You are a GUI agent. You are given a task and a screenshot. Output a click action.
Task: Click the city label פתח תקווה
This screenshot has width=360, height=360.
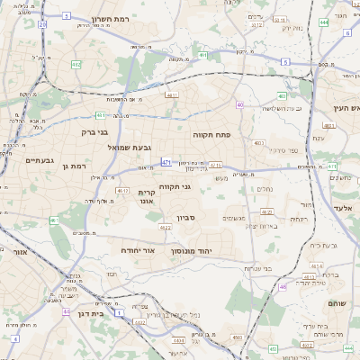pos(212,134)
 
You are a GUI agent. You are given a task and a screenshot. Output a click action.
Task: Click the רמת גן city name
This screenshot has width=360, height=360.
pos(72,166)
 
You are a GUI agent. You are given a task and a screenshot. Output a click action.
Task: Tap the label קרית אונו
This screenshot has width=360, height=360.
pos(148,197)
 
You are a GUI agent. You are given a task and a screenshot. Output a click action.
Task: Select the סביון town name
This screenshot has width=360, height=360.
pos(186,217)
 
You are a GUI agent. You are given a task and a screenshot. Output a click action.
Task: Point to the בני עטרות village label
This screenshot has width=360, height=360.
pos(257,269)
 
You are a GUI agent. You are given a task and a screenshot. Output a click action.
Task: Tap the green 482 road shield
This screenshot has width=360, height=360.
pos(76,65)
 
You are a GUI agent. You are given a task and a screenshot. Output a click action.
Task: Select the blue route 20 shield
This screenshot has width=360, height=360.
pos(42,24)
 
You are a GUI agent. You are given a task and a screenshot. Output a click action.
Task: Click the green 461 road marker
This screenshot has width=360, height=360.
pos(54,220)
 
